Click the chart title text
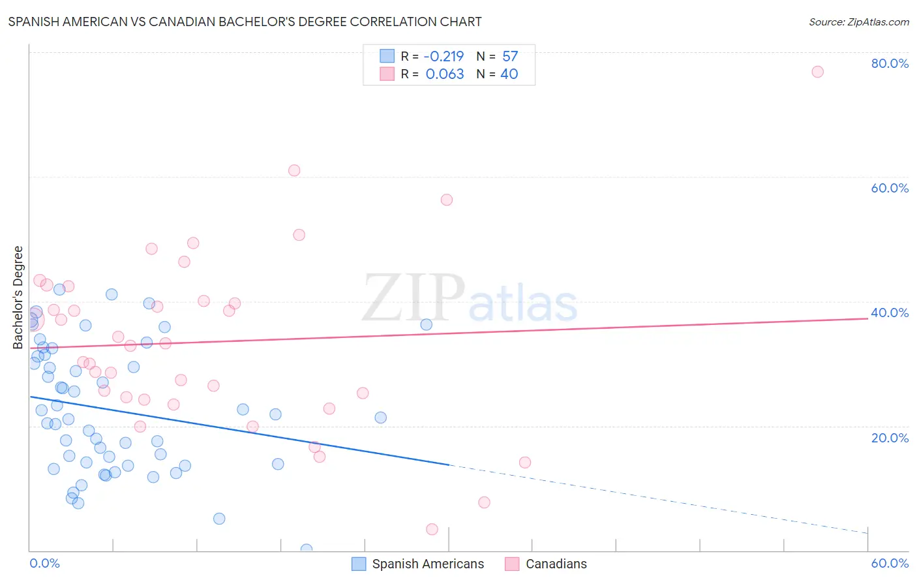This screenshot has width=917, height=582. coord(245,22)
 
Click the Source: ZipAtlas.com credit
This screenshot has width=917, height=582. coord(858,22)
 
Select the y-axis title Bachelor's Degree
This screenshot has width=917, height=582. coord(18,297)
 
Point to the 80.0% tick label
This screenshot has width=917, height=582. coord(890,63)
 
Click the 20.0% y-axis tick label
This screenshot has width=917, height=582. coord(890,437)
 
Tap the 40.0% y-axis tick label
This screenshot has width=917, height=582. coord(890,313)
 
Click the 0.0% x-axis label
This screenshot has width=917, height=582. coord(44,563)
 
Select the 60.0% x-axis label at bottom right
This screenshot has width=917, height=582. coord(890,563)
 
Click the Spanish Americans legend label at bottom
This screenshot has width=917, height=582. coord(428,564)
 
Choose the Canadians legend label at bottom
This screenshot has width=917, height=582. coord(556,564)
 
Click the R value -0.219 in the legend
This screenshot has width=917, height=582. coord(443,56)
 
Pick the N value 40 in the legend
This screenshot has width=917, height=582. coord(509,74)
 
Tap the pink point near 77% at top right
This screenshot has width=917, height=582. coord(817,72)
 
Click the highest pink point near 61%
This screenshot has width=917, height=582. coord(294,170)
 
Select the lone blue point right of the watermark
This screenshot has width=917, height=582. coord(427,324)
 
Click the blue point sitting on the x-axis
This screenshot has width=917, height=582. coord(307,549)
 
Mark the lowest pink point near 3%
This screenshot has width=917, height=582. coord(432,529)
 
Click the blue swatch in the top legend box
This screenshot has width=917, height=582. coord(387,56)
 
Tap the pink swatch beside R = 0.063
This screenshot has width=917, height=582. coord(387,74)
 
